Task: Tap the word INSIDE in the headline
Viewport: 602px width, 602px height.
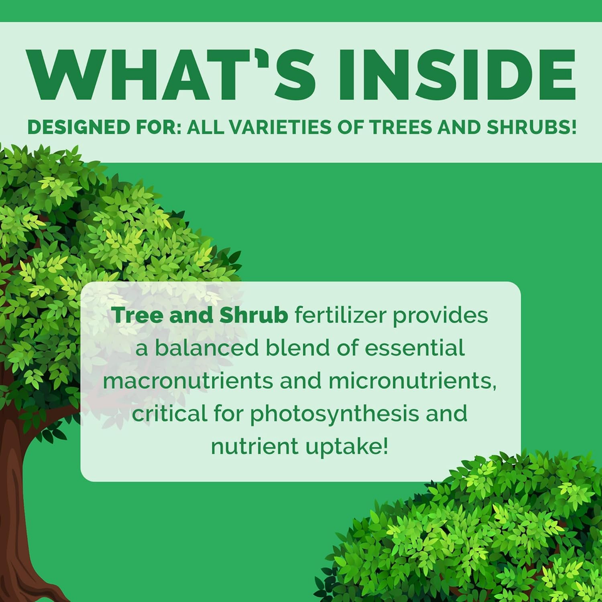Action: (456, 75)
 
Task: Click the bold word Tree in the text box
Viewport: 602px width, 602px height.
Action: (135, 315)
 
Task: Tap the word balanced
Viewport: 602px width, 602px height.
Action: (208, 349)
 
